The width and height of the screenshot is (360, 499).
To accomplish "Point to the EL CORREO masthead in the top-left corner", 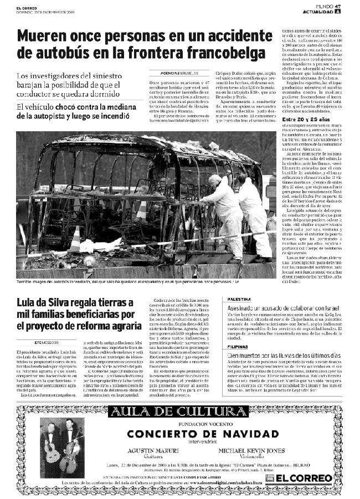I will pyautogui.click(x=26, y=7).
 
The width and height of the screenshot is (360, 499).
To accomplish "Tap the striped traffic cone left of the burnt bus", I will pyautogui.click(x=75, y=240).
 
